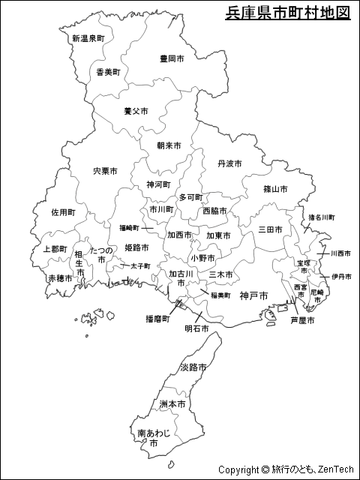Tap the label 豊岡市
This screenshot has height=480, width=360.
(x=172, y=58)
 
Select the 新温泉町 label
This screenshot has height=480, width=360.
(x=88, y=38)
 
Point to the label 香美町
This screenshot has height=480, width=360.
(x=108, y=72)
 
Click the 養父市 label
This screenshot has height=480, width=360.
(x=136, y=111)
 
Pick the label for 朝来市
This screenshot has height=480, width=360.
(x=169, y=145)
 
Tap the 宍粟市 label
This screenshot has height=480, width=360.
(x=105, y=171)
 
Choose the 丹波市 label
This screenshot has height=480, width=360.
(x=229, y=163)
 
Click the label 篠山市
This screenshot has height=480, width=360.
(x=275, y=189)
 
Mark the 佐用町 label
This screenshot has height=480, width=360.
(x=63, y=212)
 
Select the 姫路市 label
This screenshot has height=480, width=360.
(x=136, y=247)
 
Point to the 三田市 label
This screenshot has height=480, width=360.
(x=270, y=229)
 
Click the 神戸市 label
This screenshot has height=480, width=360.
(x=253, y=295)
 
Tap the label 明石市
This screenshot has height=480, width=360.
(x=197, y=328)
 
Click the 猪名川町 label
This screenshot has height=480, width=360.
(x=321, y=217)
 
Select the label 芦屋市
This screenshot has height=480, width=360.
(x=302, y=320)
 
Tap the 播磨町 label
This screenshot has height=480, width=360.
(x=157, y=319)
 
